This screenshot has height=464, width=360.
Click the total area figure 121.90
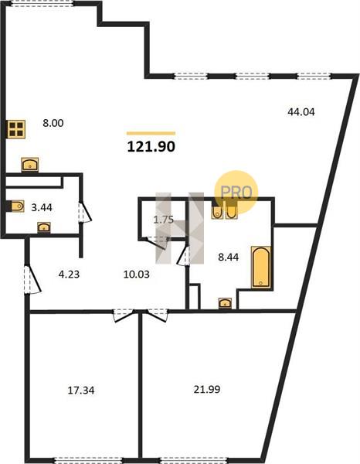coord(151,146)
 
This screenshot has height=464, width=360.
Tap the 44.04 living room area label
coord(301,112)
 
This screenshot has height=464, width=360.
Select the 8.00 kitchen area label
coord(53,123)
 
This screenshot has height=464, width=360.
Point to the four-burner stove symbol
coord(16,129)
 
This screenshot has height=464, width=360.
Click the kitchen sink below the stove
coord(30,164)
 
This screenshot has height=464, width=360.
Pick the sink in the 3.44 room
coord(44,227)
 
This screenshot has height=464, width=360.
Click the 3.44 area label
coord(42,207)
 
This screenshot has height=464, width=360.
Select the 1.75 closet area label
coord(164,220)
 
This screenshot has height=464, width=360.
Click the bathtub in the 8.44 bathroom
coord(260,267)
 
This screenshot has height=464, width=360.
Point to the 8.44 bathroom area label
coord(228,258)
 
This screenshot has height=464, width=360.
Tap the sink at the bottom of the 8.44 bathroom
coord(225,303)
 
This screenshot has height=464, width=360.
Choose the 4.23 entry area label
coord(69,275)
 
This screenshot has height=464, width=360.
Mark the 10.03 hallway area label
coord(136,275)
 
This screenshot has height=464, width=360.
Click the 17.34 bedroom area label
coord(81,391)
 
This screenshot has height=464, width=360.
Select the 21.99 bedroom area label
coord(207,389)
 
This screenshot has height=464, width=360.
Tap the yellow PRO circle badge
coord(236,192)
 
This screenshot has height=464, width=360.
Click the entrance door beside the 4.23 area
coord(32,280)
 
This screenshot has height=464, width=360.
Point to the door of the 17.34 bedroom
coord(124,315)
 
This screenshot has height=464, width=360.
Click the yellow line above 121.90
coord(151,134)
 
